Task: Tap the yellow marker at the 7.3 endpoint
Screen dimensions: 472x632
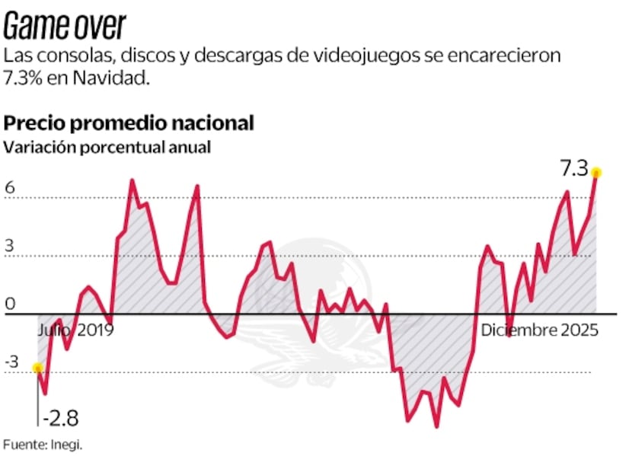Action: tap(597, 172)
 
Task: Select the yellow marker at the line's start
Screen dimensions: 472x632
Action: tap(37, 368)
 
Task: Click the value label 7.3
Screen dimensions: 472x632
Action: tap(576, 165)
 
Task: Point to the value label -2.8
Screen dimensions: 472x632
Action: tap(60, 418)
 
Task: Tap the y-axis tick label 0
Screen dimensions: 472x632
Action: tap(10, 305)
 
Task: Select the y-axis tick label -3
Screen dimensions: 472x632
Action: tap(12, 362)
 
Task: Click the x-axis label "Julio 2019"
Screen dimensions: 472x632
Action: tap(75, 330)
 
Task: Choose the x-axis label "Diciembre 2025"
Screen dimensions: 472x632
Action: tap(539, 330)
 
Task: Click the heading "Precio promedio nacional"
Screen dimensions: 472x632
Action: tap(129, 123)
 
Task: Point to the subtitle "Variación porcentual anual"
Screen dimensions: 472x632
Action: tap(107, 148)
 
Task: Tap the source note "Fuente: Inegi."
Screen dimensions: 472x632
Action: tap(43, 445)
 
